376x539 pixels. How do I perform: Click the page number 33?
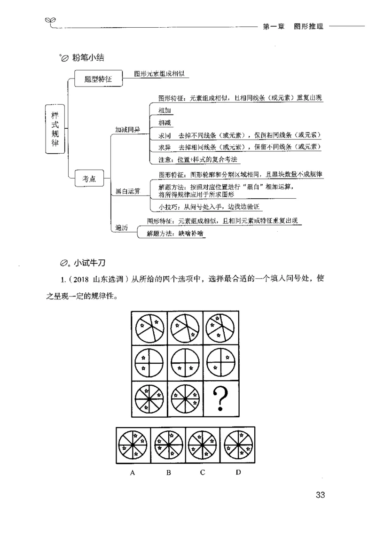coord(321,495)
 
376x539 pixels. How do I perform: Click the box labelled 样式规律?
coord(55,128)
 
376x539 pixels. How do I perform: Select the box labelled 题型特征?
coord(98,79)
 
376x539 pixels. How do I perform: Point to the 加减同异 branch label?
coord(127,129)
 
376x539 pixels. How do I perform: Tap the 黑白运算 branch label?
coord(128,190)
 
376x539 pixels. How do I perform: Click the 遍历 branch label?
coord(122,227)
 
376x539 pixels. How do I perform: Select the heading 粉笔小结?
coord(88,58)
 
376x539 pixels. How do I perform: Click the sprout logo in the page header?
coord(50,20)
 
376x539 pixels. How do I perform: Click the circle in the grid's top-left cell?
coord(149,328)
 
